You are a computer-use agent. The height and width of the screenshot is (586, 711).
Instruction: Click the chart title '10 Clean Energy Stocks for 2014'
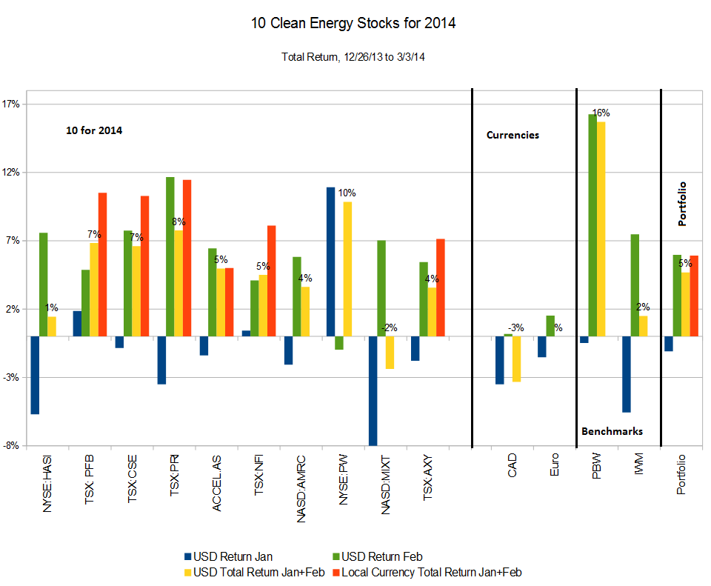click(353, 24)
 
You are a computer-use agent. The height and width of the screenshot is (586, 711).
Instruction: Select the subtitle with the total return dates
click(353, 57)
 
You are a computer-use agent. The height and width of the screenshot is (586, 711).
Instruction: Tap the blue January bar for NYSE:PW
click(330, 262)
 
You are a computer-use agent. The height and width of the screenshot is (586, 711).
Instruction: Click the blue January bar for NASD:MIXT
click(373, 390)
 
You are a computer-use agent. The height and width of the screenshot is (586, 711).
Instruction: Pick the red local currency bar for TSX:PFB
click(102, 264)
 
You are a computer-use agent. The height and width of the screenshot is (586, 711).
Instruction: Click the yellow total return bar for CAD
click(516, 359)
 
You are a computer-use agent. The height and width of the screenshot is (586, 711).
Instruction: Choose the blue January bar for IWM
click(627, 374)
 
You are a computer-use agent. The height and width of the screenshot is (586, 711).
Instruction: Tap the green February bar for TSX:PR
click(170, 256)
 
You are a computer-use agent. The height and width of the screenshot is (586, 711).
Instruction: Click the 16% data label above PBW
click(601, 113)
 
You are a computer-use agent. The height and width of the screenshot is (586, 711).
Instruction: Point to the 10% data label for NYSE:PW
click(347, 193)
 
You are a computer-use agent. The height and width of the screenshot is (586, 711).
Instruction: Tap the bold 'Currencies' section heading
click(513, 135)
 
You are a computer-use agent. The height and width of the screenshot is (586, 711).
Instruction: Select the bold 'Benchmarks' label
click(612, 431)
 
